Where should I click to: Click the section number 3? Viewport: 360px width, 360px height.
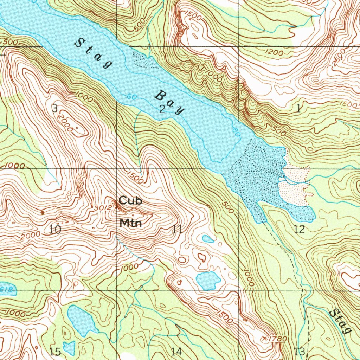54,108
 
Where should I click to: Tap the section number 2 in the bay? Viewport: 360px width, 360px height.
162,109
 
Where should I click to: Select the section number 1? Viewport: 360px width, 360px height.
298,109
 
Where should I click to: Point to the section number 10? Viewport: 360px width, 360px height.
54,230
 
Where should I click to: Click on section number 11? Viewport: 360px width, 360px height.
177,230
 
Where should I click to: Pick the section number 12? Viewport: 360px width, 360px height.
299,230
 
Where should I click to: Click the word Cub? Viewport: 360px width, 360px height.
130,201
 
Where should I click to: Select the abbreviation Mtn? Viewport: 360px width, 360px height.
130,223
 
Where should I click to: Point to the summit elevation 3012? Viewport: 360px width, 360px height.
102,208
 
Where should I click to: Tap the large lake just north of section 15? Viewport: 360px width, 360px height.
82,320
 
